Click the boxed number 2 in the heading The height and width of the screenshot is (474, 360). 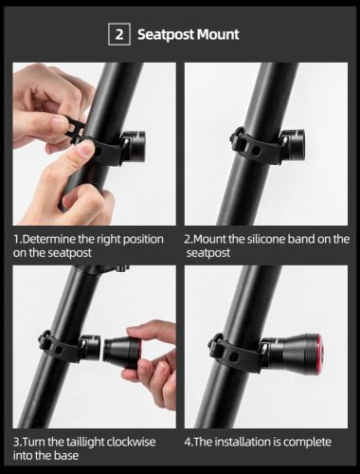120,34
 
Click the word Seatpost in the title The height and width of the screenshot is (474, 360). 168,34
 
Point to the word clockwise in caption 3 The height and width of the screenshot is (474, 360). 137,442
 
